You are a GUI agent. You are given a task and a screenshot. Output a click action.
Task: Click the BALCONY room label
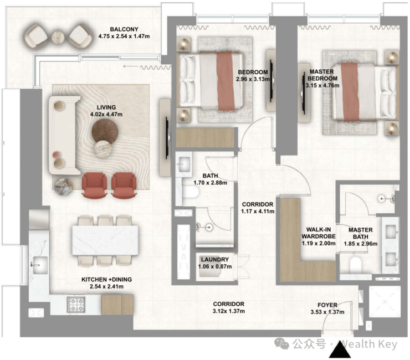click(124, 29)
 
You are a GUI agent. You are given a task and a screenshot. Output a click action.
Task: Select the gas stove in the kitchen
click(76, 304)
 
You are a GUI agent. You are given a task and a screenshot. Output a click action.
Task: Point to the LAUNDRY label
click(214, 260)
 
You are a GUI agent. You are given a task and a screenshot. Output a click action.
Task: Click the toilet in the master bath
click(355, 264)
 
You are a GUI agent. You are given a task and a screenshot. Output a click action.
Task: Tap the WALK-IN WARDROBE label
click(319, 233)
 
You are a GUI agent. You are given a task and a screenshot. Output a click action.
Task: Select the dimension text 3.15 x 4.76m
click(322, 85)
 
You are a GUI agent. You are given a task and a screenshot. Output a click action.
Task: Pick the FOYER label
click(327, 305)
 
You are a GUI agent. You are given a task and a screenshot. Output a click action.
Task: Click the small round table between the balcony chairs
click(58, 37)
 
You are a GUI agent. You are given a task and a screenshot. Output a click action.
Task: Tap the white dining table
click(105, 240)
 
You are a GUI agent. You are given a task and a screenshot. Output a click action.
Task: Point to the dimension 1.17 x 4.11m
click(258, 211)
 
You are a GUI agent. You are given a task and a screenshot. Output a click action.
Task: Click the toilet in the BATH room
click(189, 193)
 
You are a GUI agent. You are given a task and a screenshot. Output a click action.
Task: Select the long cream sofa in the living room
click(64, 135)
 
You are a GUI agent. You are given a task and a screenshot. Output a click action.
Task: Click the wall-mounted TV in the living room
click(167, 138)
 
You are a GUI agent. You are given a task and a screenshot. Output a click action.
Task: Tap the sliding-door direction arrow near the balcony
click(130, 66)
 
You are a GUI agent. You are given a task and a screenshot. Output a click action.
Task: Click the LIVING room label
click(106, 107)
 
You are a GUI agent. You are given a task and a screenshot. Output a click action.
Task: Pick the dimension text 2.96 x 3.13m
click(253, 79)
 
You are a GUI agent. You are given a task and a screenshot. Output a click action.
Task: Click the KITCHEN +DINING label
click(107, 280)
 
